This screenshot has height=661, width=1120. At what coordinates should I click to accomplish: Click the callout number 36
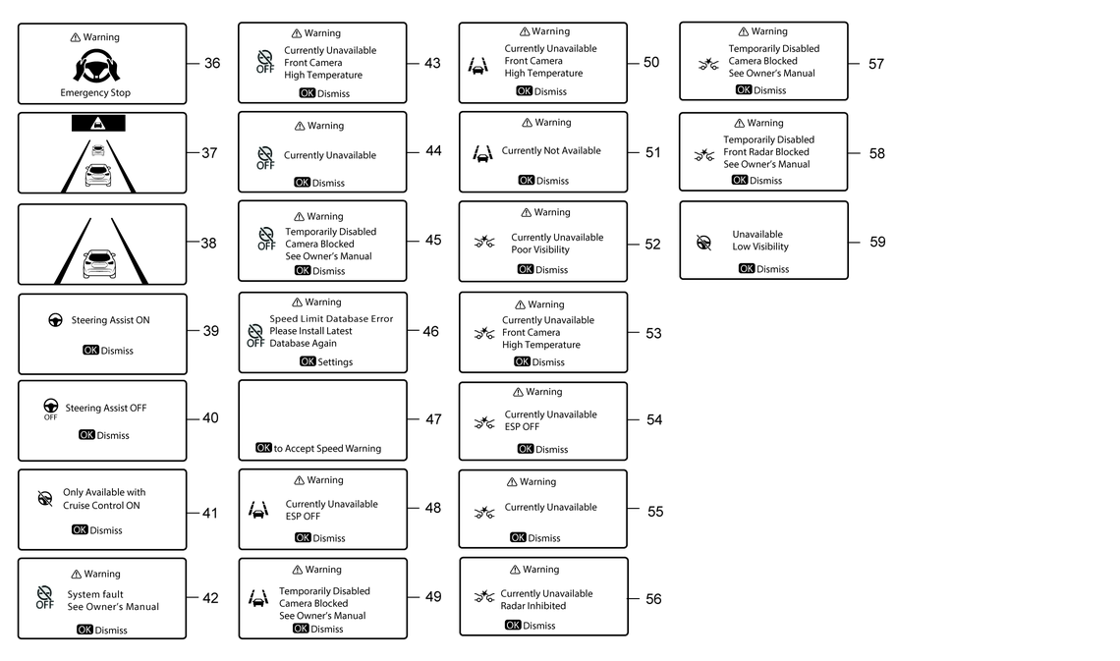click(x=212, y=64)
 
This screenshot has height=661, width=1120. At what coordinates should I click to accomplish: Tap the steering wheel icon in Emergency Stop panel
click(x=96, y=66)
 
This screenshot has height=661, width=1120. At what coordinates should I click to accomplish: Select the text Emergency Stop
click(x=95, y=93)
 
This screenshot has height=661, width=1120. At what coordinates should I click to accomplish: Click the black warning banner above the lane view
click(x=98, y=124)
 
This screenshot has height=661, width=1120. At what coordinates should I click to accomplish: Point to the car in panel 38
click(x=99, y=263)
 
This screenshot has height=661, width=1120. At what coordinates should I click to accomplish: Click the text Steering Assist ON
click(x=110, y=320)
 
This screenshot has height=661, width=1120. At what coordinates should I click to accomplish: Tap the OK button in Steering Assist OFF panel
click(x=87, y=435)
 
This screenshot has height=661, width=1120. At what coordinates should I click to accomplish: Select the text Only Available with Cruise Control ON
click(x=103, y=499)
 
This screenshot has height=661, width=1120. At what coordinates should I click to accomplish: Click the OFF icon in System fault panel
click(x=44, y=598)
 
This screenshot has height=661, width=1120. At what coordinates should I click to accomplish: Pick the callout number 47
click(x=433, y=419)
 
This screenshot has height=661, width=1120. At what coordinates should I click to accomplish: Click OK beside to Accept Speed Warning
click(x=263, y=448)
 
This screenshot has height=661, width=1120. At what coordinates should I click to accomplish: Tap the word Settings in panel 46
click(x=335, y=362)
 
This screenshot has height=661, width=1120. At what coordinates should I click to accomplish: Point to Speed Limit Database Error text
click(x=331, y=319)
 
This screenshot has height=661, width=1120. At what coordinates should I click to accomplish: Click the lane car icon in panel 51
click(x=482, y=154)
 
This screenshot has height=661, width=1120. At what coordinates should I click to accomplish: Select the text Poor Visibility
click(x=540, y=249)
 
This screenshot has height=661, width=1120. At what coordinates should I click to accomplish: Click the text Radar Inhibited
click(x=533, y=606)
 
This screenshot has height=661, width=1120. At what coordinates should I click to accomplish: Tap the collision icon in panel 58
click(x=704, y=154)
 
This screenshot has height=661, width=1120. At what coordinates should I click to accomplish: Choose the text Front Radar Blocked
click(x=766, y=152)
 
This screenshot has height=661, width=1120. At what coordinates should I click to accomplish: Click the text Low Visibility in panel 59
click(x=760, y=247)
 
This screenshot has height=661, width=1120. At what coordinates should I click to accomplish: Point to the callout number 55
click(x=655, y=512)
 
